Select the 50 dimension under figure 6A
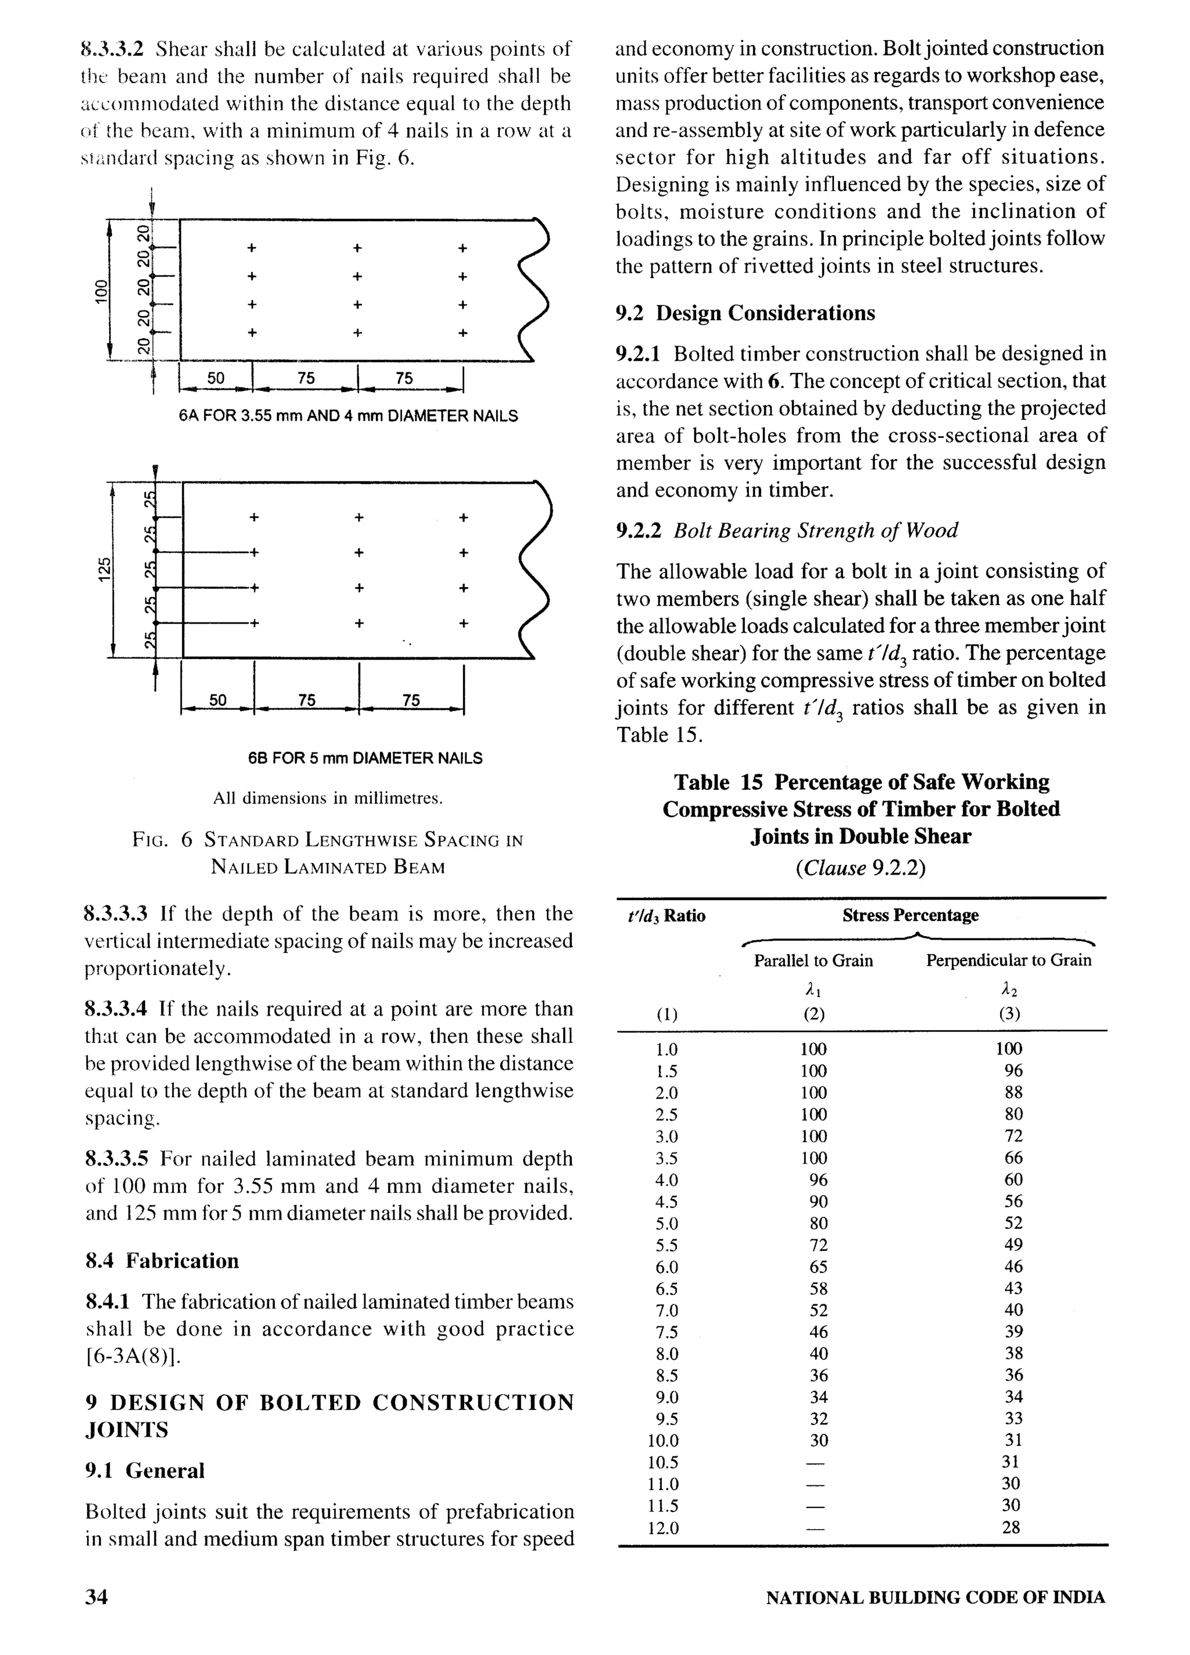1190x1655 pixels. (216, 378)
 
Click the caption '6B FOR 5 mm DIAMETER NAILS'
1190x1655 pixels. (365, 758)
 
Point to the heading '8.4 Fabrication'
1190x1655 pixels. (162, 1261)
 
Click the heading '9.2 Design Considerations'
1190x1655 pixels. (745, 313)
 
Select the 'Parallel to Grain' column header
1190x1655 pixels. (813, 960)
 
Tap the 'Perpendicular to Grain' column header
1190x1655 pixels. (1008, 960)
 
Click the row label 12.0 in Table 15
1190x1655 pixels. (664, 1528)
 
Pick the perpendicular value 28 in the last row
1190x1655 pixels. (1010, 1527)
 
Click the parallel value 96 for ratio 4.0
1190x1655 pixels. (818, 1180)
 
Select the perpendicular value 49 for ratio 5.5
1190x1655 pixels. (1013, 1245)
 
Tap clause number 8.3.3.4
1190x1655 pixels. (116, 1009)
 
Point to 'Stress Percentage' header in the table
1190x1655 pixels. (911, 915)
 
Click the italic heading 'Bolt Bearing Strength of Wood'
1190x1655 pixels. (815, 531)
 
